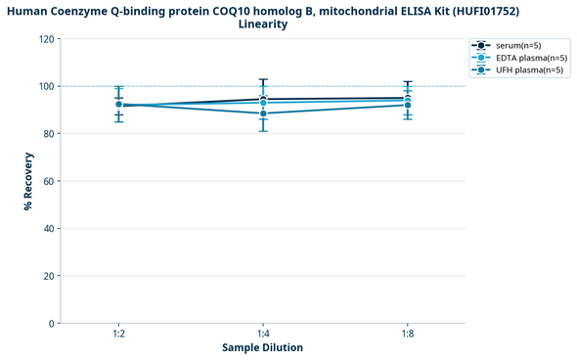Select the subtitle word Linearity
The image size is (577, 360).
[263, 24]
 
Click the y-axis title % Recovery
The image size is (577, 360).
[28, 181]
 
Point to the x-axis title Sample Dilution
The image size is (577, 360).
[262, 347]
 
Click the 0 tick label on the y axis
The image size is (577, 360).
[50, 324]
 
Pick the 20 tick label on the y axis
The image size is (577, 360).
[47, 276]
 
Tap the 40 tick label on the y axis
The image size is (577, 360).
[47, 229]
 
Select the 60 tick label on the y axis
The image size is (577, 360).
[47, 181]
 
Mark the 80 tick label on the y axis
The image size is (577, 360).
[47, 134]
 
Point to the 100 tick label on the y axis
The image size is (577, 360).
[45, 86]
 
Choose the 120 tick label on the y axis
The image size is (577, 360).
[45, 39]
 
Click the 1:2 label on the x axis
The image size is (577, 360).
[118, 335]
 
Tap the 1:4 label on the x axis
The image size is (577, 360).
[263, 335]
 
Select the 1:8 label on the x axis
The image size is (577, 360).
[408, 335]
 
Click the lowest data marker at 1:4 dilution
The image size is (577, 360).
[263, 113]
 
